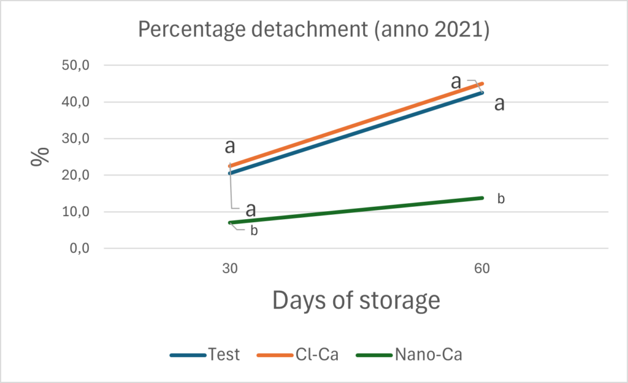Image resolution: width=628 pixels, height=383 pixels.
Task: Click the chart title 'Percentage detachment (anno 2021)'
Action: point(313,29)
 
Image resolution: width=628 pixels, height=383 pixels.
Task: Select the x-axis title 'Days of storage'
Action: point(356,301)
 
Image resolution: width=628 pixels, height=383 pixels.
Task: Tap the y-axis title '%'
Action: point(40,157)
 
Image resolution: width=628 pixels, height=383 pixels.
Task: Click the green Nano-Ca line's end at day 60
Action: point(482,198)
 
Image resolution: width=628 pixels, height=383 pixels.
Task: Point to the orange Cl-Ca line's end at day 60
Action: point(482,83)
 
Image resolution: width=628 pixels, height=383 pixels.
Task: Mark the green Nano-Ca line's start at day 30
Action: point(230,222)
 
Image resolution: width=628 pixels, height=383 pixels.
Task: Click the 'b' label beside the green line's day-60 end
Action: point(500,199)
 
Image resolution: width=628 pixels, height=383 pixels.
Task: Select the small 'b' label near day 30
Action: point(254,231)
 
